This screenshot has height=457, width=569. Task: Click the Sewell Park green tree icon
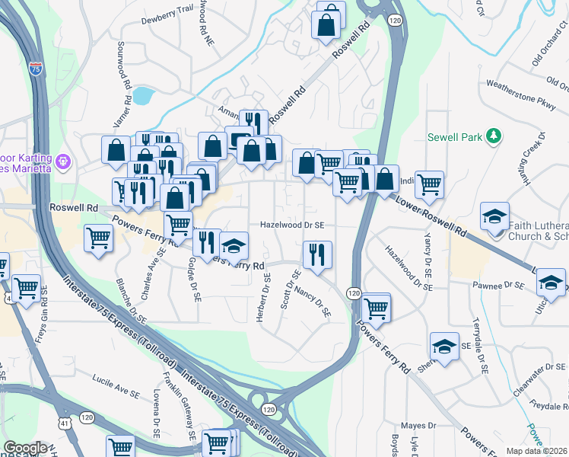(x=494, y=136)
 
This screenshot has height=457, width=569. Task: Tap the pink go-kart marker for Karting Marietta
(x=63, y=161)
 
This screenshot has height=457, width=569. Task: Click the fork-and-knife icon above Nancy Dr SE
(x=317, y=254)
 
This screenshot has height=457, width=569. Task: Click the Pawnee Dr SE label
(x=497, y=285)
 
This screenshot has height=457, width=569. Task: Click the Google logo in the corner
(x=25, y=448)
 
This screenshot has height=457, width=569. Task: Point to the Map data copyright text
(x=537, y=451)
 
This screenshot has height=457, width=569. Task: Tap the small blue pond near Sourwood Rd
(x=142, y=96)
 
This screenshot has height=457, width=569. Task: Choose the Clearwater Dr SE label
(x=537, y=374)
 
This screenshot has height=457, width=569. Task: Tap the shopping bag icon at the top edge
(x=326, y=24)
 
